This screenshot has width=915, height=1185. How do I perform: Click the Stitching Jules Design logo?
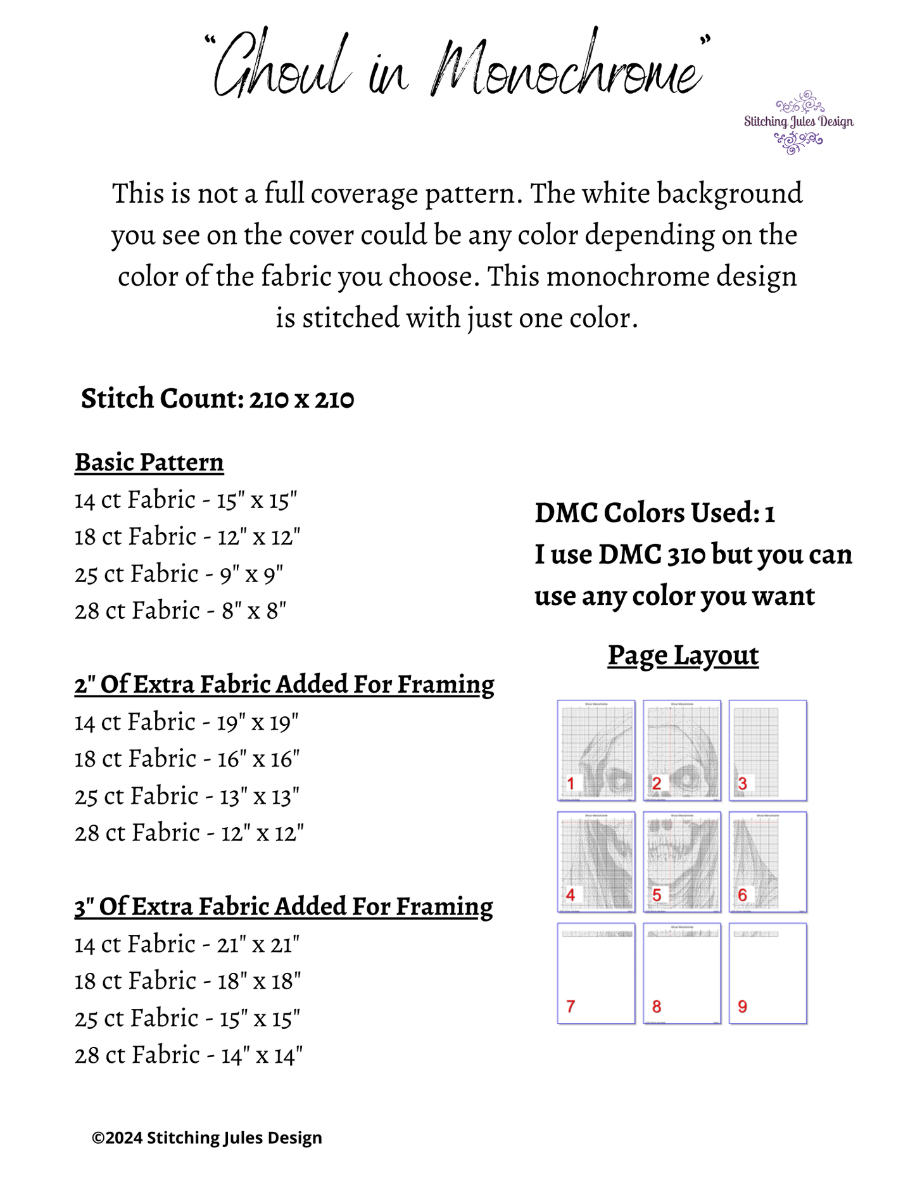coord(798,123)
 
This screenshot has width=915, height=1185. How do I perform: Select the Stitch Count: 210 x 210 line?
coord(217,399)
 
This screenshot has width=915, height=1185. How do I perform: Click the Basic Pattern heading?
coord(149,462)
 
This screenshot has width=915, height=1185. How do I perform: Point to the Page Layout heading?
coord(683,656)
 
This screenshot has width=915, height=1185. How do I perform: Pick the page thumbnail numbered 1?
coord(596,750)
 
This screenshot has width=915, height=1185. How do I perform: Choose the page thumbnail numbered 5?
coord(682,861)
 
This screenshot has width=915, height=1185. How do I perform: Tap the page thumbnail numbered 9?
coord(768,973)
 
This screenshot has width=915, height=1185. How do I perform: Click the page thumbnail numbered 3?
coord(768,750)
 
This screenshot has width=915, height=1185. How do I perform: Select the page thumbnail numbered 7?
coord(596,973)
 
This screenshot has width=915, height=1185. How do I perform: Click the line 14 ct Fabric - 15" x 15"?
coord(186,500)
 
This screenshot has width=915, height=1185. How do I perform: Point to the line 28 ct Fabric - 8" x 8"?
coord(180,611)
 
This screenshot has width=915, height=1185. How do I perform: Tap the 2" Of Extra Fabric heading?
coord(284,685)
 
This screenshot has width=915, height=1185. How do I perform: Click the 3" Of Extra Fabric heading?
coord(284,907)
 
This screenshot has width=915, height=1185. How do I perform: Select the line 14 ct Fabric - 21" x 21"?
coord(187,944)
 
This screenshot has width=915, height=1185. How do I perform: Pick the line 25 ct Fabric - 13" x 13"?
coord(187,796)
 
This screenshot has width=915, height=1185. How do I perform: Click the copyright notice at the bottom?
coord(207,1138)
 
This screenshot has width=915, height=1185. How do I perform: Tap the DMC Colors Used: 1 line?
coord(655,513)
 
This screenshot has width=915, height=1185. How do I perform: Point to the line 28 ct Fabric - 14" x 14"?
coord(189,1055)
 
